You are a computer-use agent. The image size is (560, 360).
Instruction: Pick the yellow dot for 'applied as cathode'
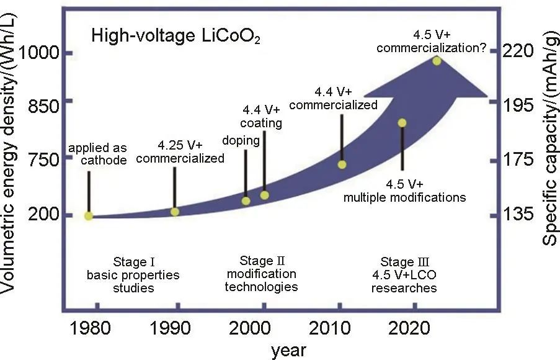coord(89,215)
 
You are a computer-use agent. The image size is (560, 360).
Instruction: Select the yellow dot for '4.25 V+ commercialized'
coord(175,212)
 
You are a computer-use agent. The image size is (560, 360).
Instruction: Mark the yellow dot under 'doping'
coord(246,200)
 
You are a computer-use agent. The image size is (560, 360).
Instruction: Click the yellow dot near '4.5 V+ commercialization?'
coord(437,61)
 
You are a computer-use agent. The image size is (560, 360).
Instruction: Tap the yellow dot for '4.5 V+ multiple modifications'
coord(402,123)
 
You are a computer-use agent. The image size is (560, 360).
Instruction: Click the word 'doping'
coord(241,140)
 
